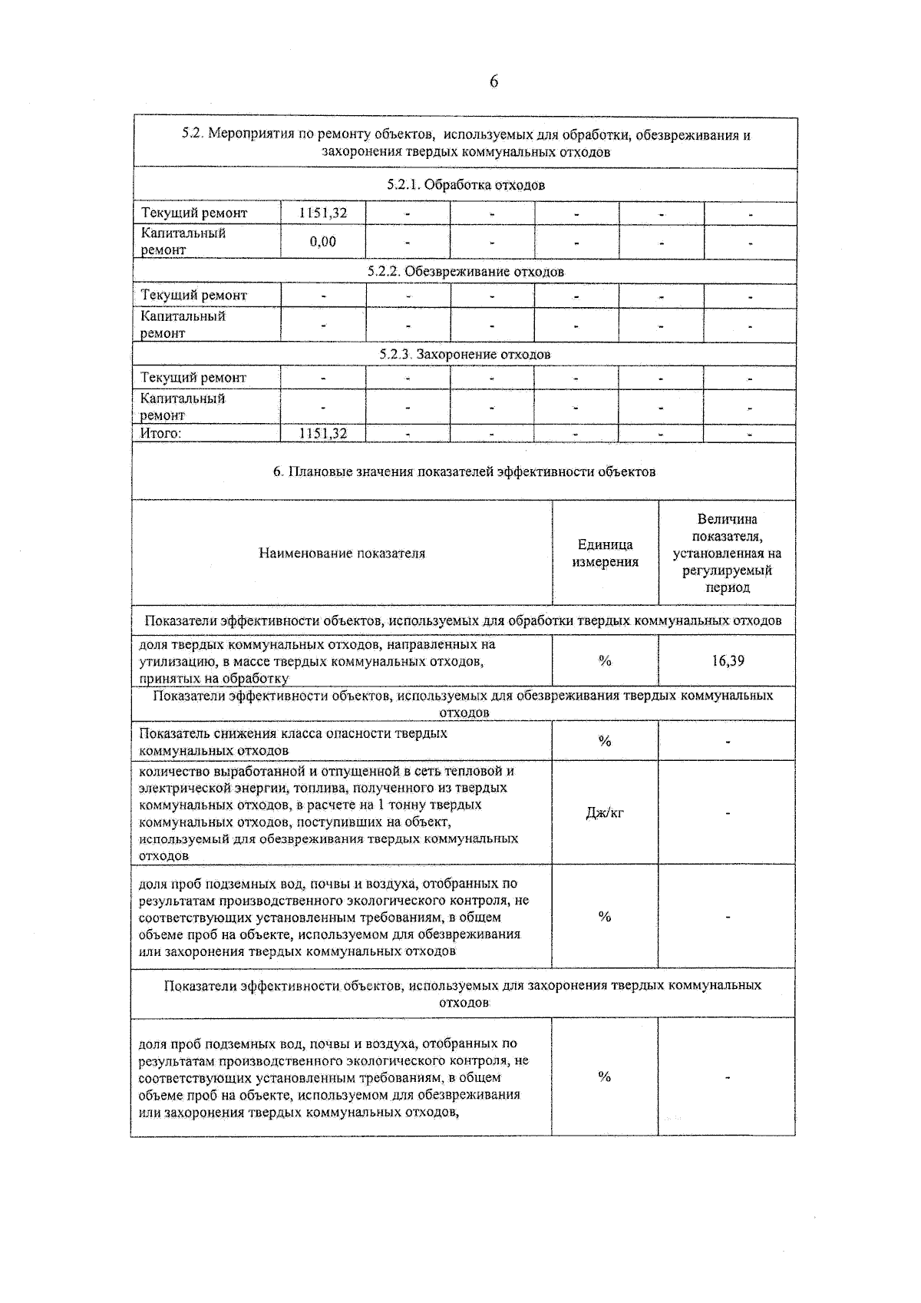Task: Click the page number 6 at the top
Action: (x=494, y=81)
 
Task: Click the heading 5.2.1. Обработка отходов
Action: (x=466, y=185)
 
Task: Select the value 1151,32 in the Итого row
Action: (x=322, y=434)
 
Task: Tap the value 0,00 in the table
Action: (x=322, y=242)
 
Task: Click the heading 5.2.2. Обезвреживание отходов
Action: (x=465, y=272)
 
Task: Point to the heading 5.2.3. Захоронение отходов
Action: (x=465, y=355)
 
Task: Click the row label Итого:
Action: (x=160, y=434)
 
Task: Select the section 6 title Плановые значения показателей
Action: (x=464, y=471)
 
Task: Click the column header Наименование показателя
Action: (x=342, y=554)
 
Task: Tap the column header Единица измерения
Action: (x=605, y=553)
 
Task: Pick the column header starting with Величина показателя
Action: (x=727, y=553)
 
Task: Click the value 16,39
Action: (x=727, y=661)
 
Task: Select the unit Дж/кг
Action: (x=605, y=813)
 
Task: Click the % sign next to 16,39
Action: (x=605, y=661)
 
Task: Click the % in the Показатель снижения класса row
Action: (x=605, y=742)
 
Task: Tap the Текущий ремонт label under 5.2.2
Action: (x=193, y=296)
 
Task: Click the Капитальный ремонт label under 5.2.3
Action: (x=182, y=407)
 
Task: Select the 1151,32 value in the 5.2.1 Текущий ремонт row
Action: (x=322, y=213)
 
